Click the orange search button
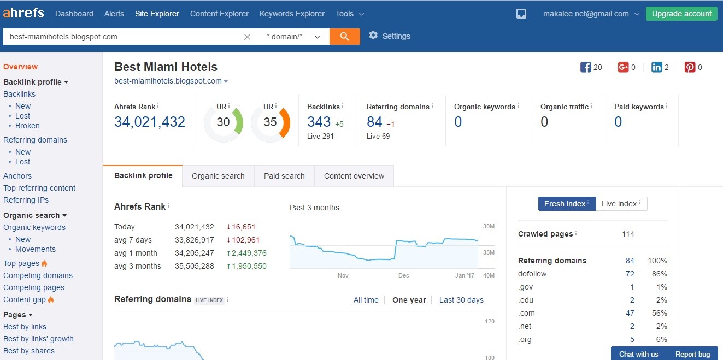tap(345, 37)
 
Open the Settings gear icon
tap(373, 35)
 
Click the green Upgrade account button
tap(681, 14)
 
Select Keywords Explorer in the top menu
tap(292, 14)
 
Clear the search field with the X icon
tap(247, 37)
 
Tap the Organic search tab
tap(218, 176)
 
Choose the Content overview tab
tap(354, 176)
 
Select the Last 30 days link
tap(461, 300)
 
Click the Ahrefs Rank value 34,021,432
tap(150, 122)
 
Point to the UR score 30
tap(223, 122)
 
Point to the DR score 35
tap(270, 122)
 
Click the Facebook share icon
tap(585, 67)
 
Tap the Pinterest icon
tap(690, 67)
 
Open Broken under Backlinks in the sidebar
tap(27, 126)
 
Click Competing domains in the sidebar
tap(38, 275)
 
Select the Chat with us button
tap(638, 354)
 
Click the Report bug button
tap(692, 354)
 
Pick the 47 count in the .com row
tap(630, 313)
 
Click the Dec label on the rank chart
tap(403, 275)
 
